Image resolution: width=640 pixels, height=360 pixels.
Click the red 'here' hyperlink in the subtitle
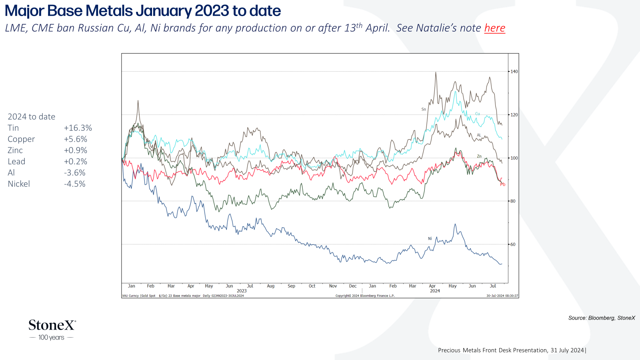494,28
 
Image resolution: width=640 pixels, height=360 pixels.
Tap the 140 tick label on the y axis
514,72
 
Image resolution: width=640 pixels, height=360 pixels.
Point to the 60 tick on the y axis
513,244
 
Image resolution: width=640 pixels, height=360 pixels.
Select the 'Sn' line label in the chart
424,109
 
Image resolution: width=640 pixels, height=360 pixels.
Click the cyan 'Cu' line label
478,114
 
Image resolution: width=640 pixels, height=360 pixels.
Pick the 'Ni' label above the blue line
430,238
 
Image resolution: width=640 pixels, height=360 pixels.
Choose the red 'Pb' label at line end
503,184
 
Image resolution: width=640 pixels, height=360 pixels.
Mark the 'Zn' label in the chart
479,156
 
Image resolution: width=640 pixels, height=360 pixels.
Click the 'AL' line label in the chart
479,135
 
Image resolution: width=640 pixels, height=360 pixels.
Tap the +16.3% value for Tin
78,128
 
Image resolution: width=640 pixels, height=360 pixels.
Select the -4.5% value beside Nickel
74,184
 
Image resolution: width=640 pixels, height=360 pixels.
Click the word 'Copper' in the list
21,139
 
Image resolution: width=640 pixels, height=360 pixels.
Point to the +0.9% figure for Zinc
76,150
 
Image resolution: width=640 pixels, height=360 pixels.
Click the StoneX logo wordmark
52,325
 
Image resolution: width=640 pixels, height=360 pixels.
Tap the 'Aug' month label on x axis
270,286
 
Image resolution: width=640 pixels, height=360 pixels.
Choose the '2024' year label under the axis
435,291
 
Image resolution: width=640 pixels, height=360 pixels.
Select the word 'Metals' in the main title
109,10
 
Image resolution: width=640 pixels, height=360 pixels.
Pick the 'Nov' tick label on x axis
333,286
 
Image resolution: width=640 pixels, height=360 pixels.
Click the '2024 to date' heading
32,116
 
